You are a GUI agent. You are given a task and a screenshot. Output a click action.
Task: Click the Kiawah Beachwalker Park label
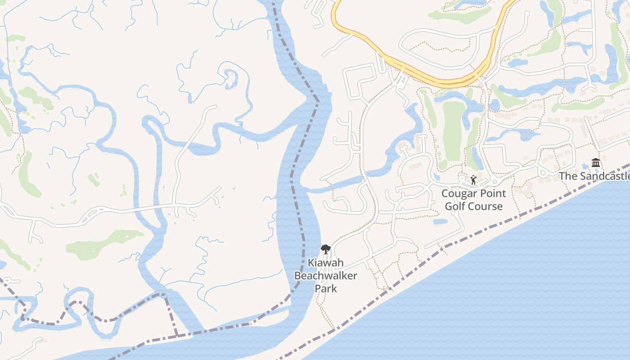325,275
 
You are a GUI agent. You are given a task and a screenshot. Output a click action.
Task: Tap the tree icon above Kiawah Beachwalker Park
325,249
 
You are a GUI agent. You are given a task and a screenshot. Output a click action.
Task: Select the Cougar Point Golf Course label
473,200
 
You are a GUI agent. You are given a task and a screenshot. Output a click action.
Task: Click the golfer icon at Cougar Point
473,180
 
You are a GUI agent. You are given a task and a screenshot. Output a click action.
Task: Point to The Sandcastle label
594,176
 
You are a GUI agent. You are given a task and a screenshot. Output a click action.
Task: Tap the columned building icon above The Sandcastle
596,162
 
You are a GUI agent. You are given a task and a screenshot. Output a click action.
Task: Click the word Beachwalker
325,275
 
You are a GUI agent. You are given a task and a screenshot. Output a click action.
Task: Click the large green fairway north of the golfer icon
454,130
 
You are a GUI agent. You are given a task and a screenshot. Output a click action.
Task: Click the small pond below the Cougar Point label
440,222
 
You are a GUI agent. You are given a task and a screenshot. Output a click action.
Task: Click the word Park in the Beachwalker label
326,288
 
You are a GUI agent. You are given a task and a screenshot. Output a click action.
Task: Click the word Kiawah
325,263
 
